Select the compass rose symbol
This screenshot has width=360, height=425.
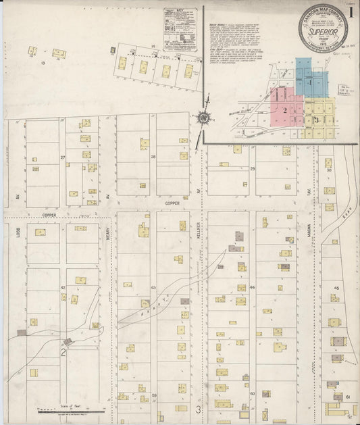click(202, 118)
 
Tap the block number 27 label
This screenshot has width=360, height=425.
click(62, 157)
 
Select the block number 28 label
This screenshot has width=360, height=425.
click(153, 157)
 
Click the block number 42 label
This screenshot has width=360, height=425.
click(62, 288)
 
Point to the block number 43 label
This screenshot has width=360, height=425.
click(153, 289)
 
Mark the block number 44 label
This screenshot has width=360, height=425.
click(252, 288)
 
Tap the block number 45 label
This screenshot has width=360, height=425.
click(336, 288)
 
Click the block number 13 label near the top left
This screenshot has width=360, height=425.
click(42, 62)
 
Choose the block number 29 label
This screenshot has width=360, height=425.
click(253, 168)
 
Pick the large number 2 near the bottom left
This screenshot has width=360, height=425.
click(62, 352)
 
